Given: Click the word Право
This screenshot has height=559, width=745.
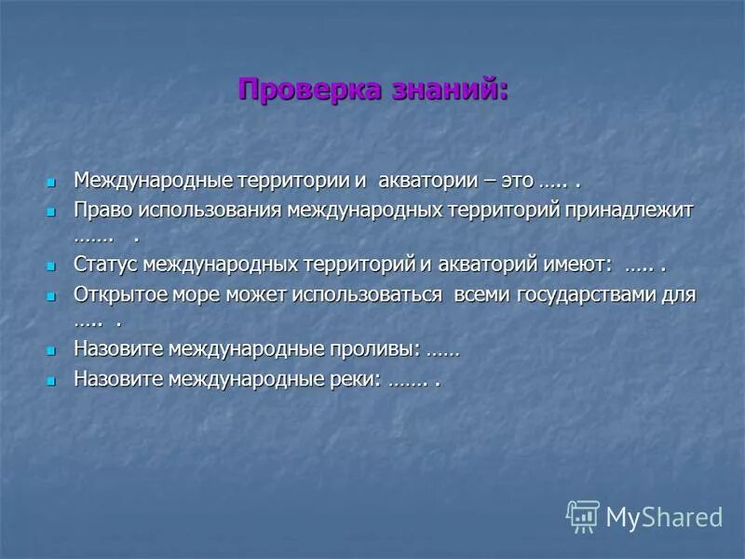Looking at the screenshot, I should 100,210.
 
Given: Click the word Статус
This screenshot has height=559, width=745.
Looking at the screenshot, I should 105,265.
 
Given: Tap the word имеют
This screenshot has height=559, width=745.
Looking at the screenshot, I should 578,265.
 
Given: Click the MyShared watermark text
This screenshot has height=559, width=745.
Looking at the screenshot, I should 664,517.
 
